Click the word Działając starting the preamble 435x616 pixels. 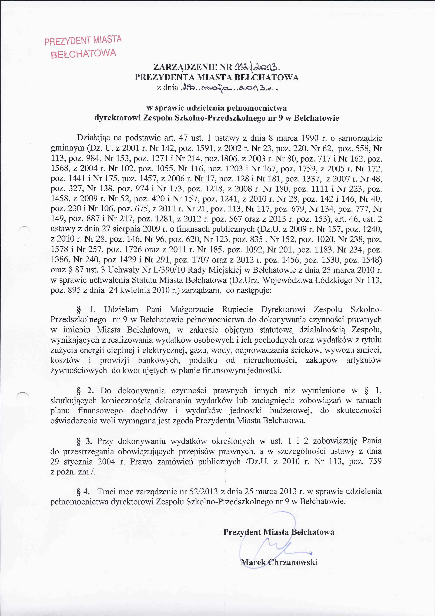93,138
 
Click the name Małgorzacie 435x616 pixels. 192,310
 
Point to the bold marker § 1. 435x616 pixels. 86,310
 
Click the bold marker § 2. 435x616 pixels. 85,391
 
